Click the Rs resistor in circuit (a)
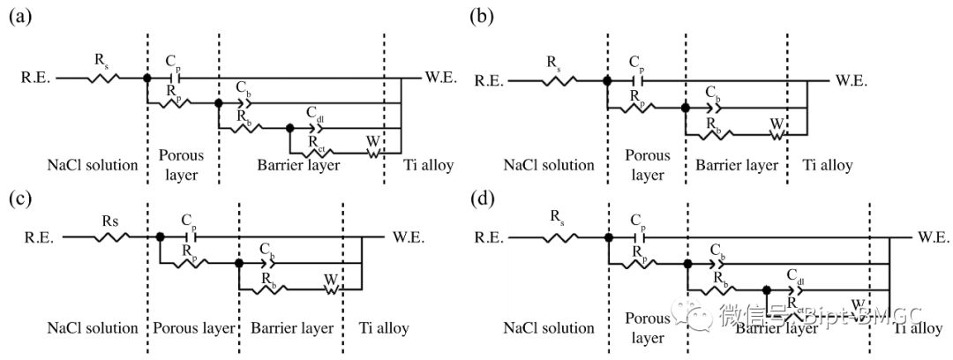click(x=102, y=79)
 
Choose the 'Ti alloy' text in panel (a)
click(x=426, y=164)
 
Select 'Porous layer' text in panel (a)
click(x=181, y=164)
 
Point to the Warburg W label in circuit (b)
click(x=775, y=123)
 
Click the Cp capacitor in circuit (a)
click(x=172, y=79)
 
